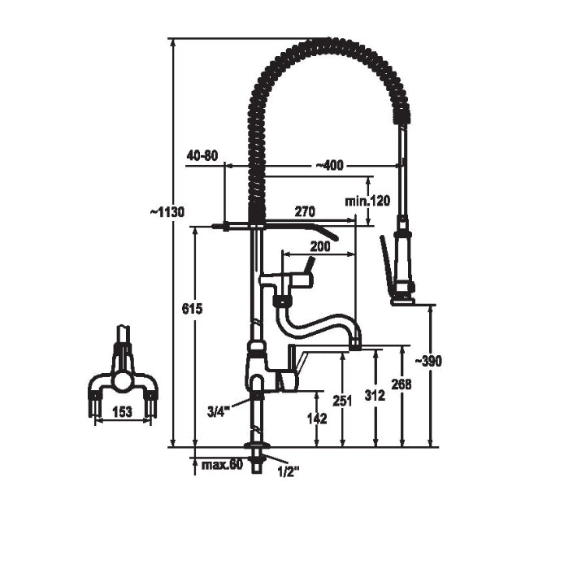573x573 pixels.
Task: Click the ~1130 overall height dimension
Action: point(167,212)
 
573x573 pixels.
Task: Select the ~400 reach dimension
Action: point(330,166)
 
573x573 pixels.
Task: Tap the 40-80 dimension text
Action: point(202,156)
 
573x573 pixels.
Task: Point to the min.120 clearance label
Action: point(367,201)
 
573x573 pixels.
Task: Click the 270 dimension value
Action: point(305,211)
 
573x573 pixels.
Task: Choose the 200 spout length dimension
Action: point(320,246)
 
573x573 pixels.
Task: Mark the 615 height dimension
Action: point(192,309)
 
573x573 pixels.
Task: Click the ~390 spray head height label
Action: point(428,361)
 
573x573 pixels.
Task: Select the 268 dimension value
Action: point(402,384)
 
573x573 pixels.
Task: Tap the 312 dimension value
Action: point(375,395)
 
